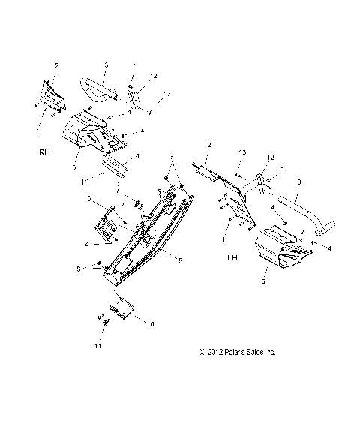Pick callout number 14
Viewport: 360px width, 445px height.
pyautogui.click(x=136, y=156)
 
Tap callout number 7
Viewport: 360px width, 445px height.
pyautogui.click(x=117, y=192)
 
